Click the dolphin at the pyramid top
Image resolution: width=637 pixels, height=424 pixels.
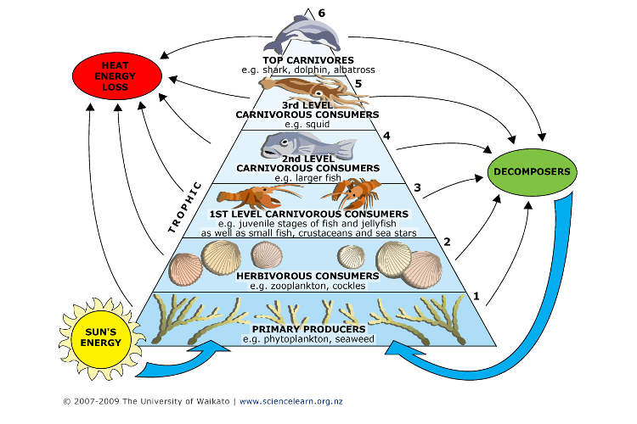(303, 33)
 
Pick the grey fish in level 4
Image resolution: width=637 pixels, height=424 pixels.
(307, 145)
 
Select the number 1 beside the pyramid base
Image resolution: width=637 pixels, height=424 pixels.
(476, 296)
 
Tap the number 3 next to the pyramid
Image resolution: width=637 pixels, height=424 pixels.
(417, 187)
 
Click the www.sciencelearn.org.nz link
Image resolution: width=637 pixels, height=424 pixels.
(291, 401)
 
